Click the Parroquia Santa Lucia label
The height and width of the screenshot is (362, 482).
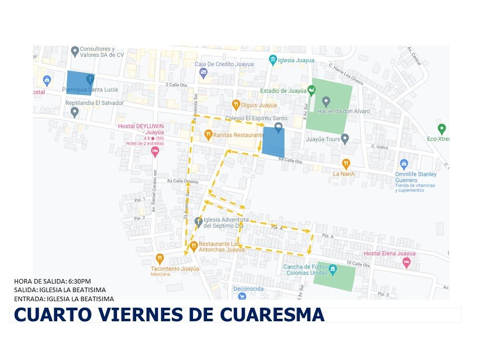pyautogui.click(x=90, y=89)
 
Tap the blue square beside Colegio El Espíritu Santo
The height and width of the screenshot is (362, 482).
pyautogui.click(x=273, y=142)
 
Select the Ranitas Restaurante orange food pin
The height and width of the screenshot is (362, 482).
pyautogui.click(x=209, y=135)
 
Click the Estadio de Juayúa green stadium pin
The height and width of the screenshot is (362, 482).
pyautogui.click(x=312, y=90)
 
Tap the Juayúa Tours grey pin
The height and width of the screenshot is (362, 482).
pyautogui.click(x=345, y=138)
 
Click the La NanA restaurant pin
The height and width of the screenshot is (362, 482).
pyautogui.click(x=346, y=163)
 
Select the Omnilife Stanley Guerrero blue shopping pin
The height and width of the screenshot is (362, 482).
pyautogui.click(x=404, y=164)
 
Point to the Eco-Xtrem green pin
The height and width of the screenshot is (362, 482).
pyautogui.click(x=442, y=129)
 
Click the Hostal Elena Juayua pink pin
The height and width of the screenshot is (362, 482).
pyautogui.click(x=407, y=262)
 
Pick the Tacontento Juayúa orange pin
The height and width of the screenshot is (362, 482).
pyautogui.click(x=160, y=259)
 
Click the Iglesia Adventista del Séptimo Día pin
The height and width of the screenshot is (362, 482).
pyautogui.click(x=199, y=221)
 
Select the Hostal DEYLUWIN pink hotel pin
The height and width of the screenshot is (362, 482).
pyautogui.click(x=155, y=150)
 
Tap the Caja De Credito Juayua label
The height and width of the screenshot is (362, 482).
pyautogui.click(x=224, y=64)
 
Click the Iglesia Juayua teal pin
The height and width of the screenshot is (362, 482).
pyautogui.click(x=273, y=60)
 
